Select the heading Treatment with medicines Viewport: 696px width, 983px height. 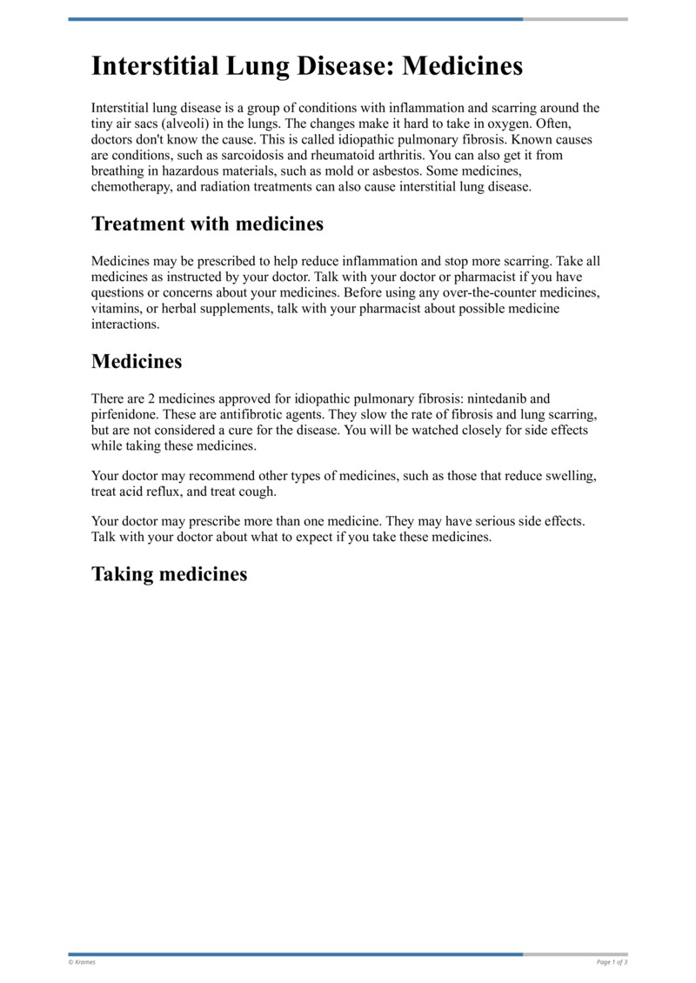[207, 224]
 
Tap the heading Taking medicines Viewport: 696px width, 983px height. [169, 574]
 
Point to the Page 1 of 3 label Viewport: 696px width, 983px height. [612, 962]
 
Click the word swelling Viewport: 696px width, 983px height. [572, 476]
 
